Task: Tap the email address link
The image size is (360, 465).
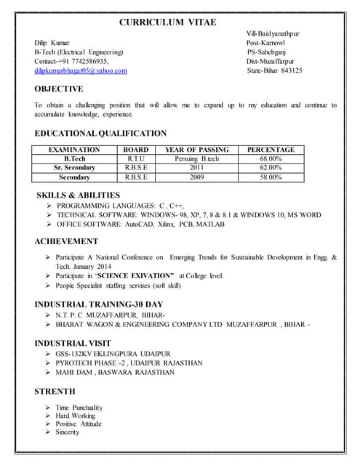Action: (81, 70)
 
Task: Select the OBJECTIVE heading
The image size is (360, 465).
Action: (59, 89)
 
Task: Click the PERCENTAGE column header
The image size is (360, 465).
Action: (271, 149)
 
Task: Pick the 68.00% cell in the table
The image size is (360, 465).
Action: (271, 158)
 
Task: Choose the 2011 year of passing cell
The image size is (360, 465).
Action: (196, 167)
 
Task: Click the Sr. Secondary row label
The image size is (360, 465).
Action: (74, 167)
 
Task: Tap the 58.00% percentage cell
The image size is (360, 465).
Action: (271, 177)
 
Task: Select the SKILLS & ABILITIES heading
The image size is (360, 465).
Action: (78, 195)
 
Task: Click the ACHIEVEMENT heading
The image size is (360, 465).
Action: (66, 241)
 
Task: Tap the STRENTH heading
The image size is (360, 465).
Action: (55, 392)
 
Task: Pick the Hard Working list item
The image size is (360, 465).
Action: (75, 416)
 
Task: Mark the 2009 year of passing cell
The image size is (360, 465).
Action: (196, 177)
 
